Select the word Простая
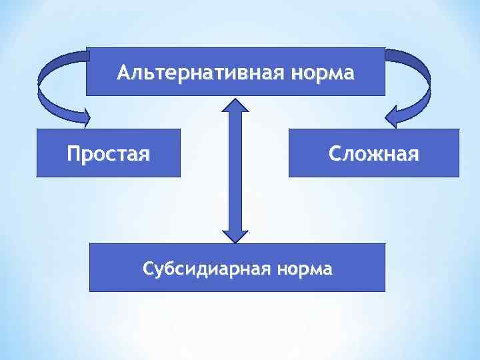tap(108, 155)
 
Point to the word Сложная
tap(373, 155)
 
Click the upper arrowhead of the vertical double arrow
tap(235, 107)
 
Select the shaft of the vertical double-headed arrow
tap(235, 170)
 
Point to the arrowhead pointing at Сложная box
tap(396, 117)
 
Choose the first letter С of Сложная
tap(335, 155)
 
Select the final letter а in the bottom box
tap(327, 270)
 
